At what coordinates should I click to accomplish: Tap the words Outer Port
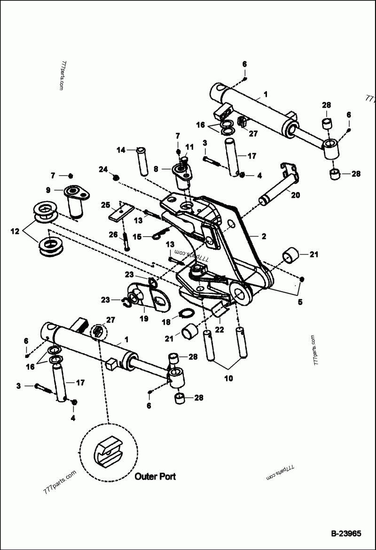coord(155,476)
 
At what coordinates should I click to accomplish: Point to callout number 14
coord(121,150)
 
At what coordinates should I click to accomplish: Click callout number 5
coord(300,302)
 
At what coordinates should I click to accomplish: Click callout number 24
coord(103,169)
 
